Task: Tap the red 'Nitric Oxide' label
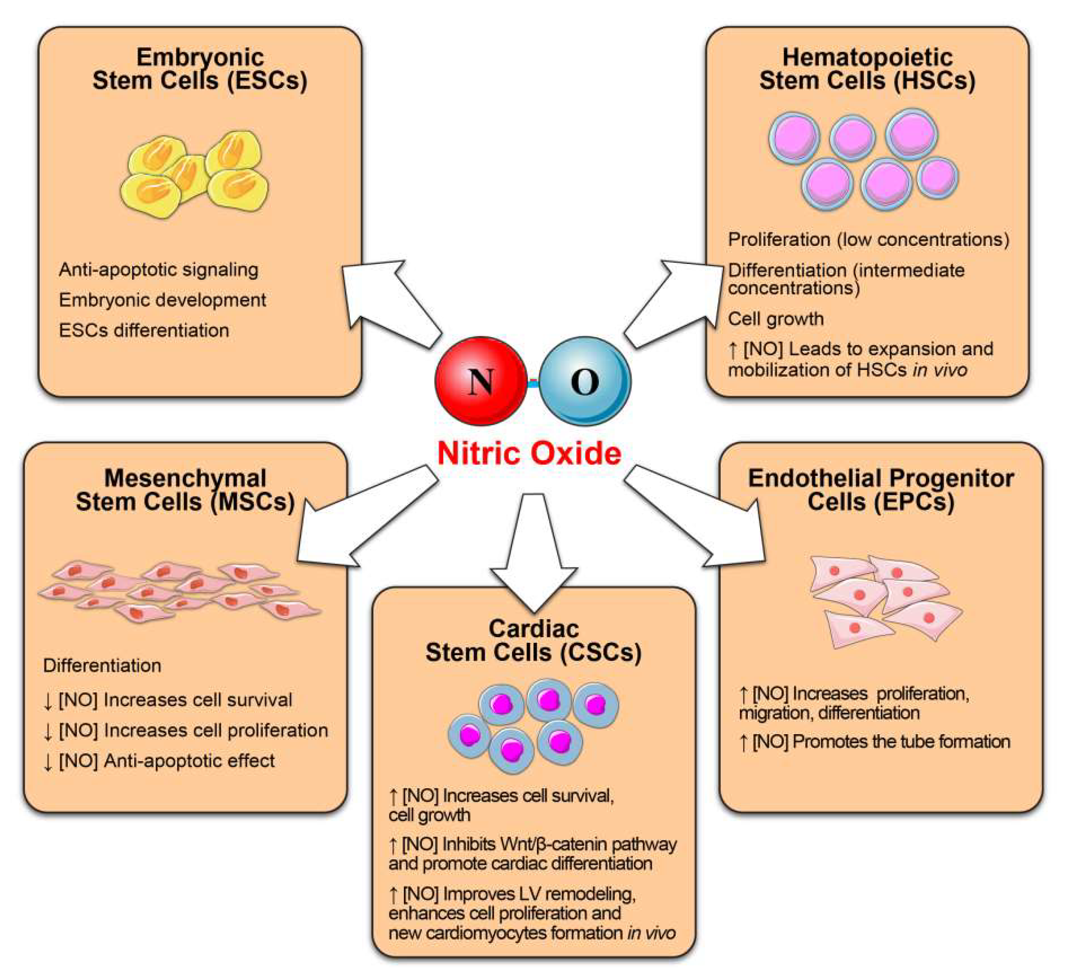529,453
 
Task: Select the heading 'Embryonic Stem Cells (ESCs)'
200,69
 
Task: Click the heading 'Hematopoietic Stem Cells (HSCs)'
867,69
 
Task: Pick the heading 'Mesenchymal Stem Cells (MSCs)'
185,490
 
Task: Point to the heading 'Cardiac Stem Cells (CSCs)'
533,641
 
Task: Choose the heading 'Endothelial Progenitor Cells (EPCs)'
881,490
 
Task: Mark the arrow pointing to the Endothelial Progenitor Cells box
701,517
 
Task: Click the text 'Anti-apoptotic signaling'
159,269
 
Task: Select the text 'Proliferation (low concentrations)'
868,239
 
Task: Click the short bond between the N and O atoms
533,382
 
